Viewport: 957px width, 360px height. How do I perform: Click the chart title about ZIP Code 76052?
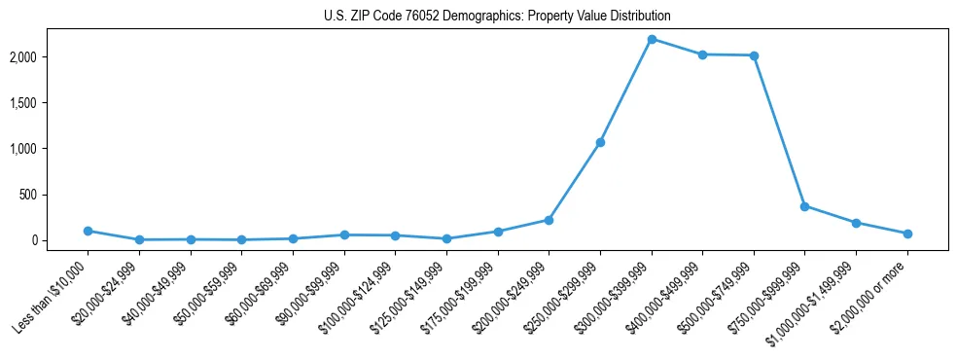pos(497,17)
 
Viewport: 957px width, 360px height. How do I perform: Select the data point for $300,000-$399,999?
pos(652,39)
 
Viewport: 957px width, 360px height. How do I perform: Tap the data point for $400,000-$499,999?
pos(702,54)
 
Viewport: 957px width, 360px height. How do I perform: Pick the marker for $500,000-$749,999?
pos(754,55)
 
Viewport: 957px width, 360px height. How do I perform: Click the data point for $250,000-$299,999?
pos(600,142)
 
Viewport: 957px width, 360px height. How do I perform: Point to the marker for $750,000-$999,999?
pos(804,206)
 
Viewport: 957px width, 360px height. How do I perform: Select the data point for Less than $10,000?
pos(88,231)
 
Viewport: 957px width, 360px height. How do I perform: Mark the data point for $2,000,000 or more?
pos(907,234)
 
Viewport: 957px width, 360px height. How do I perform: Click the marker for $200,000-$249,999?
pos(549,220)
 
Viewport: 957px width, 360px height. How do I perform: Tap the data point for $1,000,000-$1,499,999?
pos(856,223)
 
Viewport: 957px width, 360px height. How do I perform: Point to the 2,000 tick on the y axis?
pos(50,57)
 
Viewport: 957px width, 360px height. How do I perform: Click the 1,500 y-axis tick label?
pos(50,103)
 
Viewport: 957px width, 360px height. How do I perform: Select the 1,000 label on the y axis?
pos(50,149)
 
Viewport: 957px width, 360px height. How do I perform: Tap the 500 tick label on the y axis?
pos(54,195)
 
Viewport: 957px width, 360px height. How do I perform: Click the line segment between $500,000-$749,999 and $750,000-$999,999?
pos(779,130)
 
